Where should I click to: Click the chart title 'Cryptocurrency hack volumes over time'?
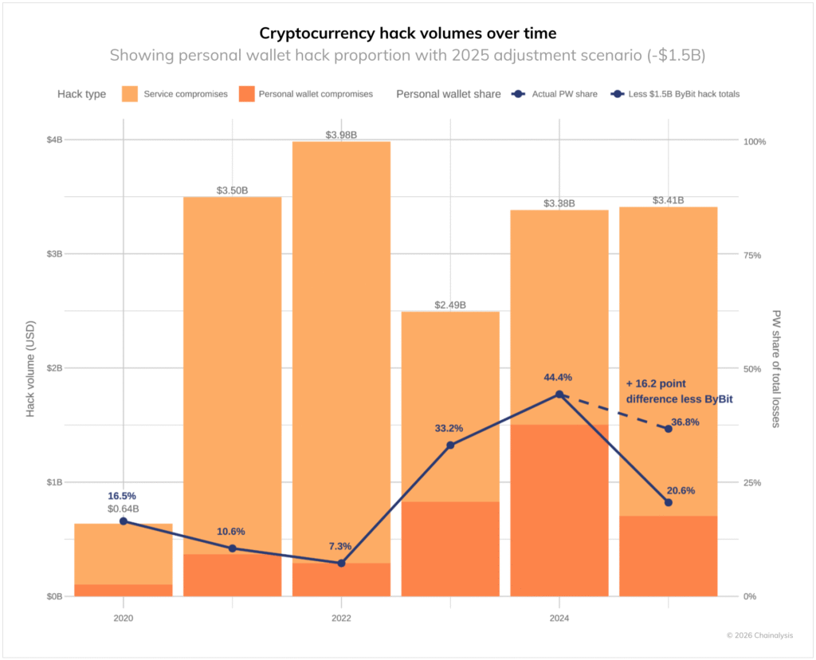click(407, 33)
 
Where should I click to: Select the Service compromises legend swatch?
click(130, 94)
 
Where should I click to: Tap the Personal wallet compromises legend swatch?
click(245, 94)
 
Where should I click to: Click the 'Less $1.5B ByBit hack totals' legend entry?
click(683, 94)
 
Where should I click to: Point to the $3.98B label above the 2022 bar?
click(341, 135)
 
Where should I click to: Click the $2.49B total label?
click(450, 305)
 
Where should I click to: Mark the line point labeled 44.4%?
click(559, 395)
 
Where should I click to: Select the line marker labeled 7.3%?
click(341, 563)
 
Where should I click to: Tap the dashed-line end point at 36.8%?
click(668, 429)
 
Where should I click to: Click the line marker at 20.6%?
click(668, 502)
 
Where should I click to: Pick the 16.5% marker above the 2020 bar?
click(124, 521)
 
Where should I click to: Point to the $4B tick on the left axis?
click(53, 140)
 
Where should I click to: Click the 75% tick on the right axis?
click(752, 255)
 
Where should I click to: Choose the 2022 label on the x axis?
click(341, 618)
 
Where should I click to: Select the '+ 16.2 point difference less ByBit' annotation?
click(679, 391)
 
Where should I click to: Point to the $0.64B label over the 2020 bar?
click(124, 509)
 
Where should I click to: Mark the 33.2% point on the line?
click(450, 445)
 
